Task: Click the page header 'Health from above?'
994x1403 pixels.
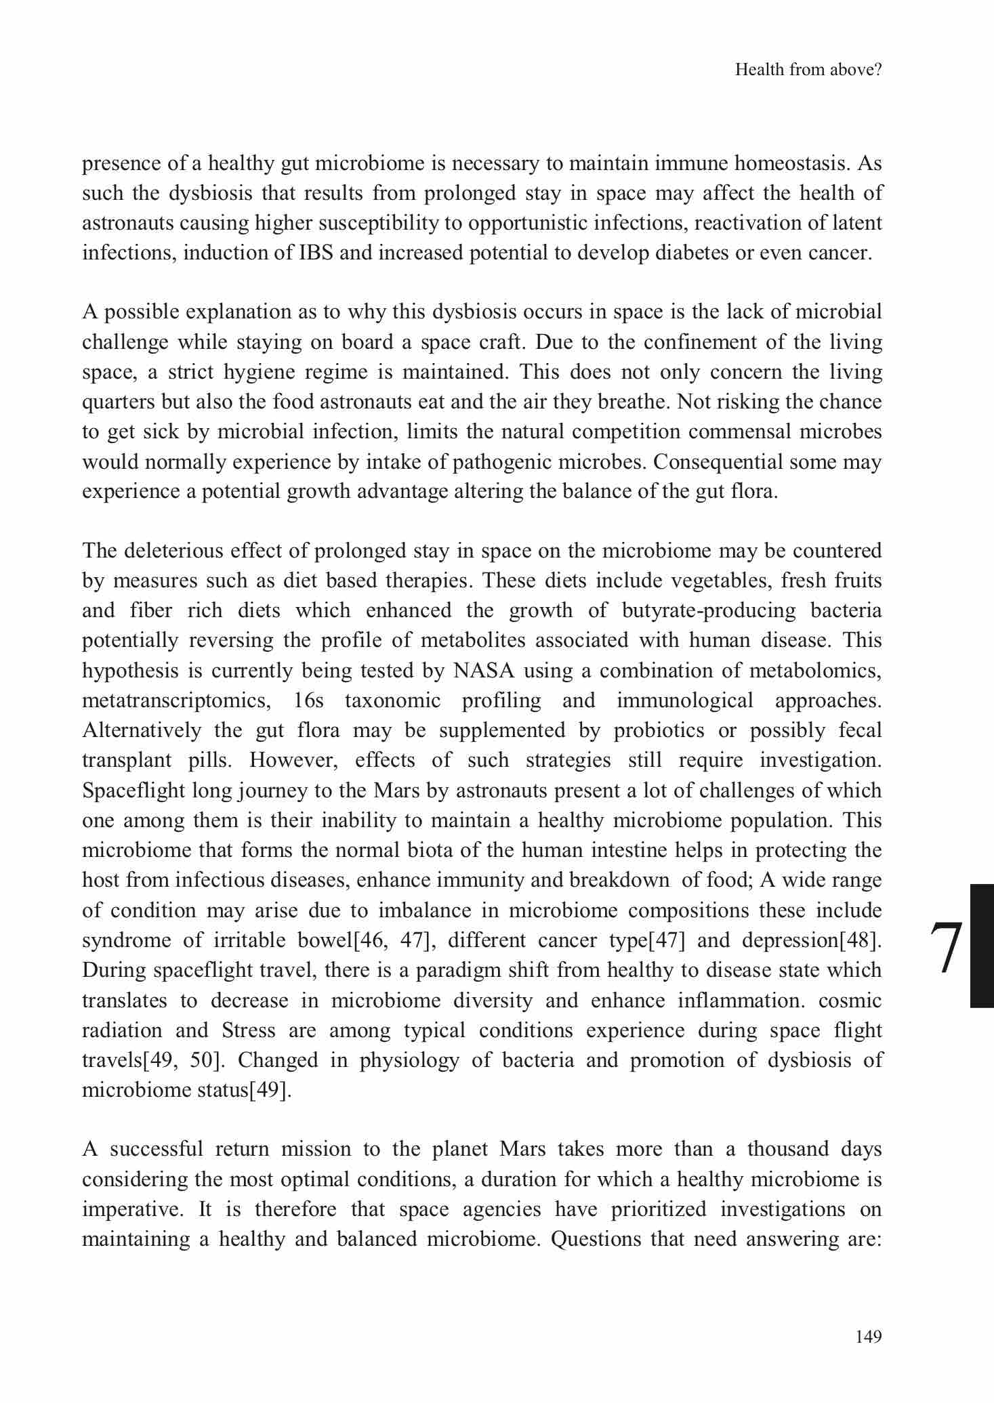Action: (808, 70)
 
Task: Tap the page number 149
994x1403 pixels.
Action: (869, 1337)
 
